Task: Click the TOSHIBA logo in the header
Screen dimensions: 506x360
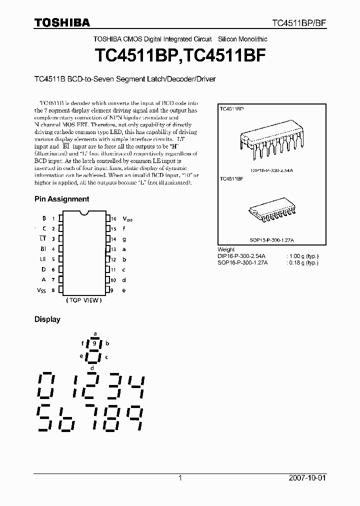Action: click(62, 22)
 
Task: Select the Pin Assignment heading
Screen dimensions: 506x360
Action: click(61, 199)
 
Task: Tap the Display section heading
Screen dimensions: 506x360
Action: click(47, 319)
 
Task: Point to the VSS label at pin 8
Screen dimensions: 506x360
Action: click(40, 290)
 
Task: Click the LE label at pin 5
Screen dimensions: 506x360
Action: click(43, 259)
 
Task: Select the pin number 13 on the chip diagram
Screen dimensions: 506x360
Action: click(113, 249)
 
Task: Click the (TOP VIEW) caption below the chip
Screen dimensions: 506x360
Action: click(83, 300)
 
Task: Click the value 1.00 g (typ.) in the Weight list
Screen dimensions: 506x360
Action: click(303, 256)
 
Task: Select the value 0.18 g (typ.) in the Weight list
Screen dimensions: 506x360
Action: click(303, 262)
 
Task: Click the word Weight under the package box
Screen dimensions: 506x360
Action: click(226, 249)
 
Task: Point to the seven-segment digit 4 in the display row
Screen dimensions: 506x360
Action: click(134, 385)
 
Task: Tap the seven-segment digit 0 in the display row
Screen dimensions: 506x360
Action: click(45, 385)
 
